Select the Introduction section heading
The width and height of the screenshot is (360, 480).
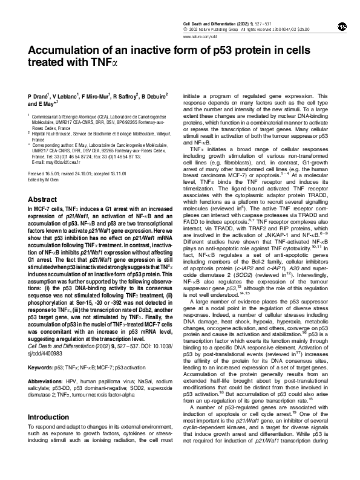tap(48, 417)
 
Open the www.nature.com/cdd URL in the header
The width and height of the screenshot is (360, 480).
tap(199, 35)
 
